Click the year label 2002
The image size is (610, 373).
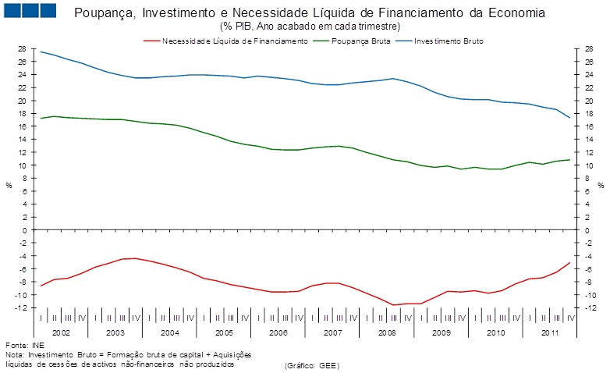62,332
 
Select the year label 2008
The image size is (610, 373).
387,332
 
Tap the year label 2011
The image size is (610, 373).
550,332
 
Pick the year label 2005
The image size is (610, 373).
225,332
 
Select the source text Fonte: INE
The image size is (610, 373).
25,344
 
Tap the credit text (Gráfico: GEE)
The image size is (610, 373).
313,364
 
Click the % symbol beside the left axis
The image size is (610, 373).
9,185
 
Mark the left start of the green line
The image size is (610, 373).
41,118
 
